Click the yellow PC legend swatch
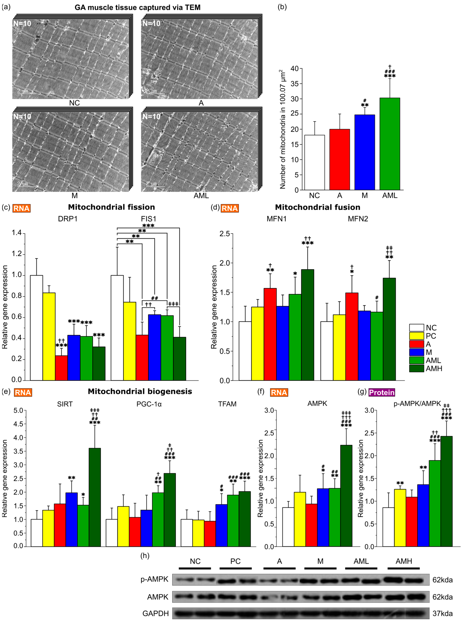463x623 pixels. tap(416, 336)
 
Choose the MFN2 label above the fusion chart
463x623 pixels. tap(358, 219)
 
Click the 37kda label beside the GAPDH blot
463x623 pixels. tap(442, 613)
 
